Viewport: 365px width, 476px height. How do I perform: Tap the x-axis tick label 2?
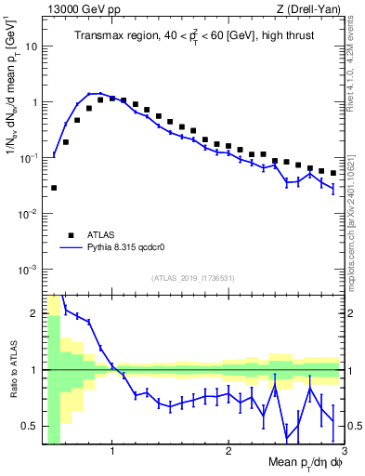[228, 453]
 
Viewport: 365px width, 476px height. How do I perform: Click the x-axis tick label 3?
[345, 453]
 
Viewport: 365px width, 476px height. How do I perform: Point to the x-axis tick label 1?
[112, 453]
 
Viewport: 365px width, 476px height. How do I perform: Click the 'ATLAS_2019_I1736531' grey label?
[193, 278]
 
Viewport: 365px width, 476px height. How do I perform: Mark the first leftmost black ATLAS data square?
[54, 188]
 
